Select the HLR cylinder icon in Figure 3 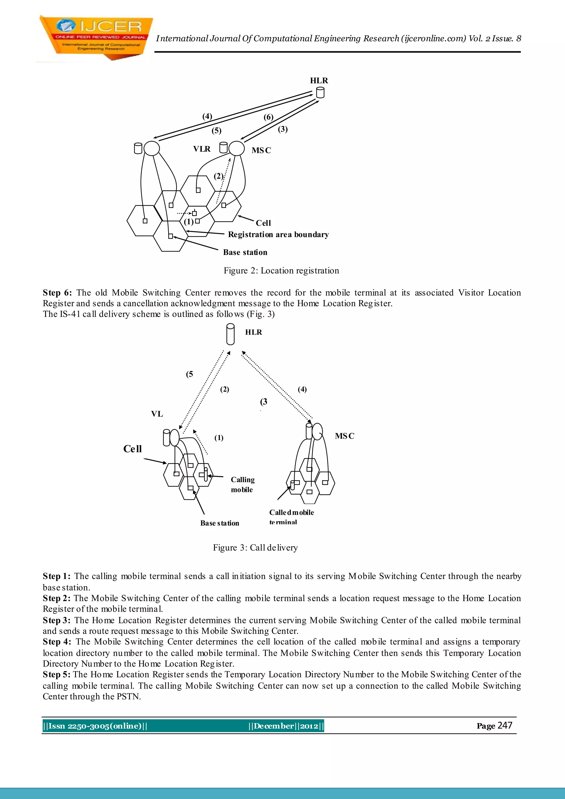(230, 334)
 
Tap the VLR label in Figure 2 (202, 149)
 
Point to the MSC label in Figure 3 (344, 436)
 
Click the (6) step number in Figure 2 (268, 117)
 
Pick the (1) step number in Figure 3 (218, 438)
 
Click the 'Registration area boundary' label (278, 235)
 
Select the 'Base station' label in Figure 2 (245, 252)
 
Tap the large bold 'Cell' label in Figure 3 (132, 449)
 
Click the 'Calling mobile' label (242, 484)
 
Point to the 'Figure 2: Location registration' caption (281, 271)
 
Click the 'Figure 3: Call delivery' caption (255, 548)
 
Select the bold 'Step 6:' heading (57, 293)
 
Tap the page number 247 (505, 726)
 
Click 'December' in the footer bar (273, 726)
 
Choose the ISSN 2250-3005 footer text (95, 726)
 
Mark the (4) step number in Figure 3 (302, 389)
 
